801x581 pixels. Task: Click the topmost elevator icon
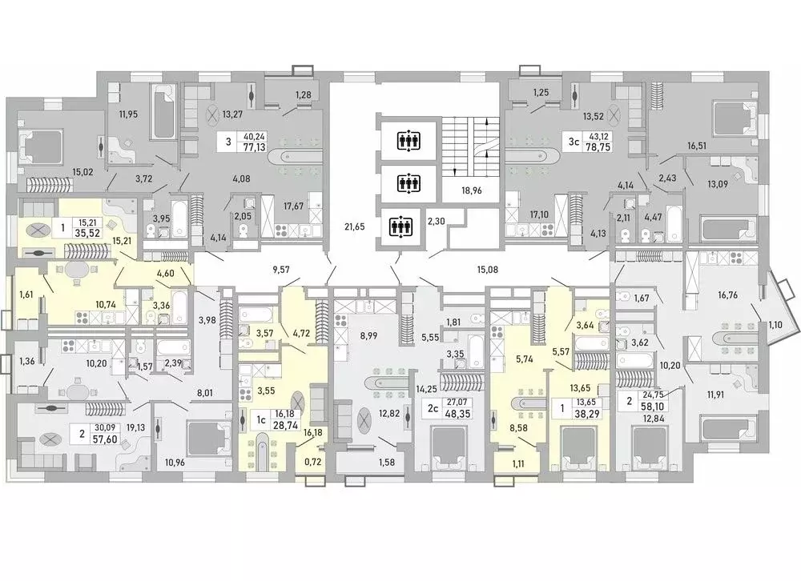coord(409,140)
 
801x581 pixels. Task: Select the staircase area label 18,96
coord(471,190)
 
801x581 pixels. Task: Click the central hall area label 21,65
coord(355,226)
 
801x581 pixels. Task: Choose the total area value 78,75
coord(600,146)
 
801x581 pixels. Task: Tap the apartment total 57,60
coord(105,439)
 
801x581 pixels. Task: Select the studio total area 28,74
coord(287,425)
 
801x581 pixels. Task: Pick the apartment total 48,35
coord(457,413)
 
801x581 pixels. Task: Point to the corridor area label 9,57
coord(281,269)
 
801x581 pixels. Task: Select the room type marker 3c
coord(574,142)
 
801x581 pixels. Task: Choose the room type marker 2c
coord(433,408)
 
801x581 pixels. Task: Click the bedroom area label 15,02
coord(83,172)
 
